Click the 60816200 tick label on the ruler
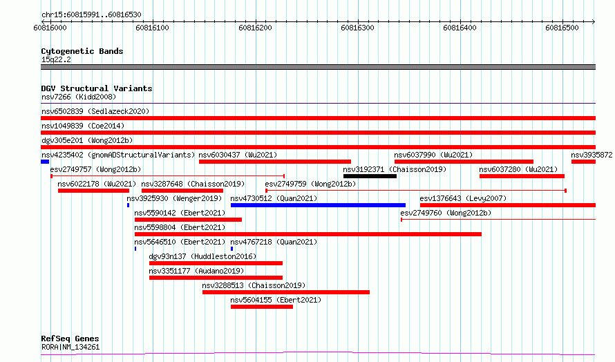point(255,28)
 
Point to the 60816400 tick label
point(460,28)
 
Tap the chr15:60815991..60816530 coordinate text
point(91,15)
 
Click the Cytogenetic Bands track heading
point(82,51)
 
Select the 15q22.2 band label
point(56,59)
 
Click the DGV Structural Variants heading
point(97,88)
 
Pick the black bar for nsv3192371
point(370,176)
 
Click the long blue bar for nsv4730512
point(318,205)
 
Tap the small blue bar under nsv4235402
point(45,162)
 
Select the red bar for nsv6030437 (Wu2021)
point(275,162)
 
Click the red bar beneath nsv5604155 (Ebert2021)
point(262,307)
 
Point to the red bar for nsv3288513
point(286,292)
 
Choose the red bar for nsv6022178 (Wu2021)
point(93,191)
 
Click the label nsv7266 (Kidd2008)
point(79,97)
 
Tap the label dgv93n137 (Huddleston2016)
point(202,256)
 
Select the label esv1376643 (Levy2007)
point(463,198)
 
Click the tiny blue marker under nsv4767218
point(231,249)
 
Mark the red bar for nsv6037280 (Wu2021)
point(522,176)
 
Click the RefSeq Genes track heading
point(70,339)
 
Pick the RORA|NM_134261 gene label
point(70,347)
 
